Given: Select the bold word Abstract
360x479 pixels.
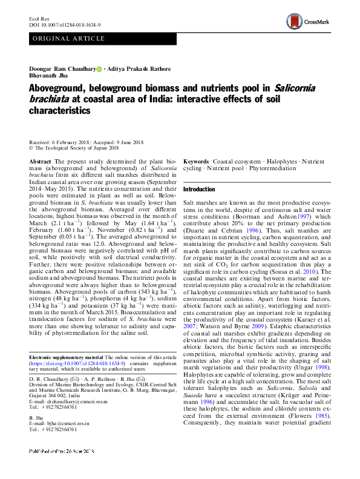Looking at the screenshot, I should (40, 163).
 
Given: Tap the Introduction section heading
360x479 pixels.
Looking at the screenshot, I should (199, 190).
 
